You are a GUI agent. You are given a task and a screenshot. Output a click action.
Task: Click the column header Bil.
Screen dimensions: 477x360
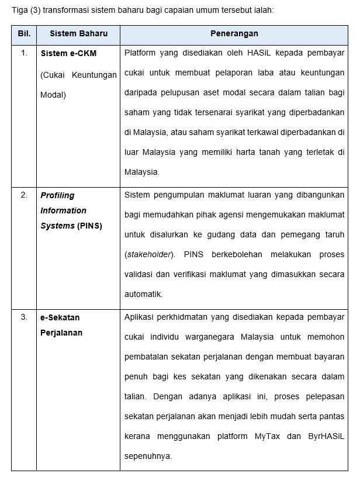[24, 34]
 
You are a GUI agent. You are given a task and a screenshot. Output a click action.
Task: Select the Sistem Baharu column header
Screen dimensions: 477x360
[78, 34]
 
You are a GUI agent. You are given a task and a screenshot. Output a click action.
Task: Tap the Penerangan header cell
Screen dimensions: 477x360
[234, 34]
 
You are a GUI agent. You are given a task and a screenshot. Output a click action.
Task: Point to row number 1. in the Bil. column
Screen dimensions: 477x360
[24, 53]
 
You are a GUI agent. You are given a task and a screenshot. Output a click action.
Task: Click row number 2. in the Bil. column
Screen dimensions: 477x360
[24, 195]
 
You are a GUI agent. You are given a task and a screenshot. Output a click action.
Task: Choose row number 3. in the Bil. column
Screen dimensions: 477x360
[24, 317]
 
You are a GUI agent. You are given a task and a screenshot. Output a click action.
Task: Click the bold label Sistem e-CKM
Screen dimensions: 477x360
[68, 53]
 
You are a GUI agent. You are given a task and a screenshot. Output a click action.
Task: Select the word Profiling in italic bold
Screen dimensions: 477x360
[58, 195]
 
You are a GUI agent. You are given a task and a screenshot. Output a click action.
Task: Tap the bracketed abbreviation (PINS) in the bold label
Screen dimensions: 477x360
[89, 226]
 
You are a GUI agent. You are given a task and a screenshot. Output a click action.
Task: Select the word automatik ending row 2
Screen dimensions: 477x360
[143, 294]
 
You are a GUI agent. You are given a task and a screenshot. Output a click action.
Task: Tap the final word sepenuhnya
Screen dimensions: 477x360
[148, 456]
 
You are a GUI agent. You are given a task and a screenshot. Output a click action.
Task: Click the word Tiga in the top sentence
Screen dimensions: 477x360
[20, 10]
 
